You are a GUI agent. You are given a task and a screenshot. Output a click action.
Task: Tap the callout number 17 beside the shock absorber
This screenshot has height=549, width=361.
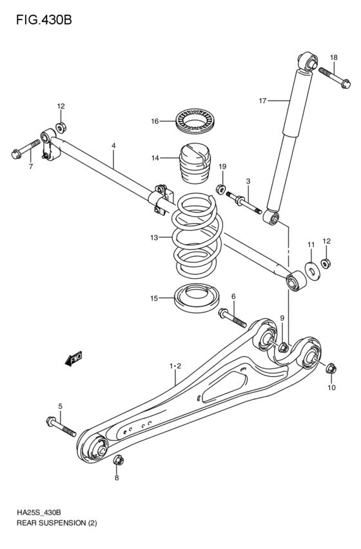coord(262,101)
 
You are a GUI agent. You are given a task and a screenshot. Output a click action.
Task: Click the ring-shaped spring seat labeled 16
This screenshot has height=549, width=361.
coord(196,121)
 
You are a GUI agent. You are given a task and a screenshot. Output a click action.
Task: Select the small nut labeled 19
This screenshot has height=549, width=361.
coord(220,190)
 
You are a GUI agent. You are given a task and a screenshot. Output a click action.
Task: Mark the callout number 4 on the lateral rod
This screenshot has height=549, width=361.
coord(113,146)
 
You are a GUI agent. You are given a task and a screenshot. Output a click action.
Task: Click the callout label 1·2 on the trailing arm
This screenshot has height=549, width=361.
coord(175,366)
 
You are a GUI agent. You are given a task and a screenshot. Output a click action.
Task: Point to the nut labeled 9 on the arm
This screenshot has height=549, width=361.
coord(282,348)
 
